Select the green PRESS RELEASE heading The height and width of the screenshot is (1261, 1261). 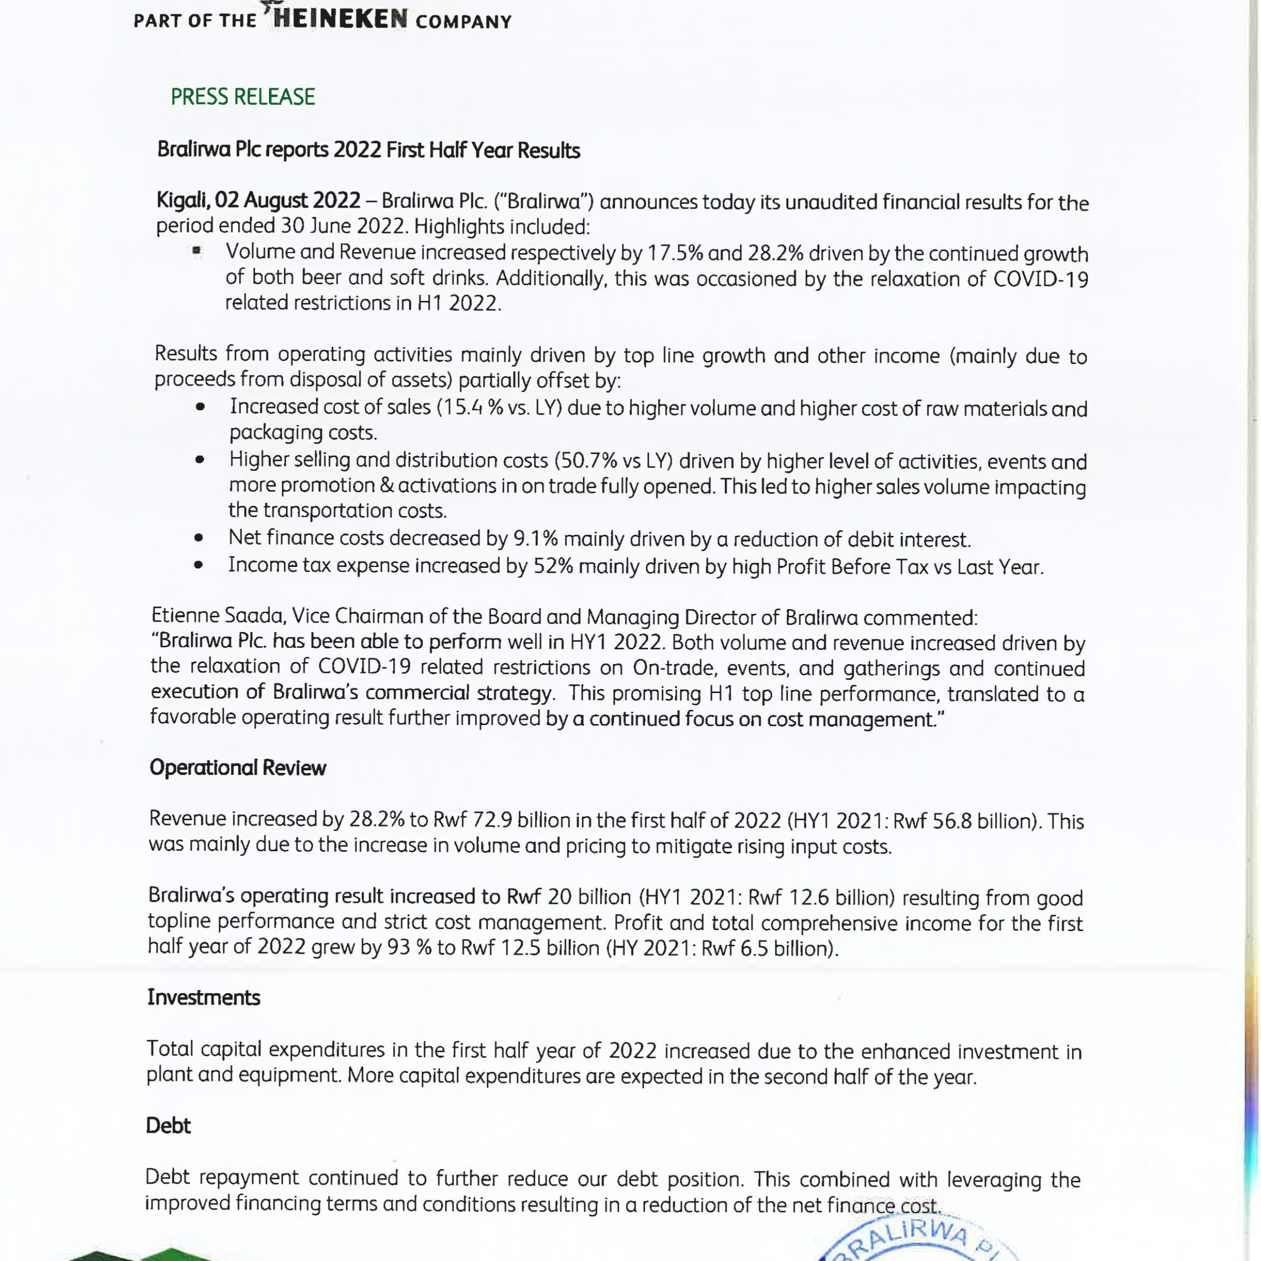pyautogui.click(x=243, y=97)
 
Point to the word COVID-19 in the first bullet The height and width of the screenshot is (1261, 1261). pyautogui.click(x=1040, y=279)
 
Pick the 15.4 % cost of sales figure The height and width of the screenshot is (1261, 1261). pyautogui.click(x=470, y=407)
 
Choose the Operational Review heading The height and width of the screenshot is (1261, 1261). pyautogui.click(x=237, y=767)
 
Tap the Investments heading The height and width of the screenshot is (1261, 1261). pyautogui.click(x=203, y=997)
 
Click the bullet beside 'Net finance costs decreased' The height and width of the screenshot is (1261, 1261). pyautogui.click(x=199, y=538)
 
